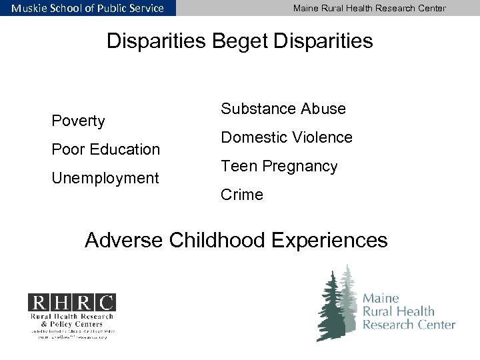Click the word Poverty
[x=79, y=121]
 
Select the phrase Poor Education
[x=106, y=149]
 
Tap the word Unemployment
[x=105, y=178]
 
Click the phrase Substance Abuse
[x=283, y=108]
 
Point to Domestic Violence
[x=287, y=137]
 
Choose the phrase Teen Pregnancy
[x=279, y=166]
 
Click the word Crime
[x=242, y=195]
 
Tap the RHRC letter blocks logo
[x=71, y=302]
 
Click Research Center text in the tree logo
[x=409, y=325]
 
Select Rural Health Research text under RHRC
[x=71, y=316]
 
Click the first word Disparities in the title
[x=156, y=41]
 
